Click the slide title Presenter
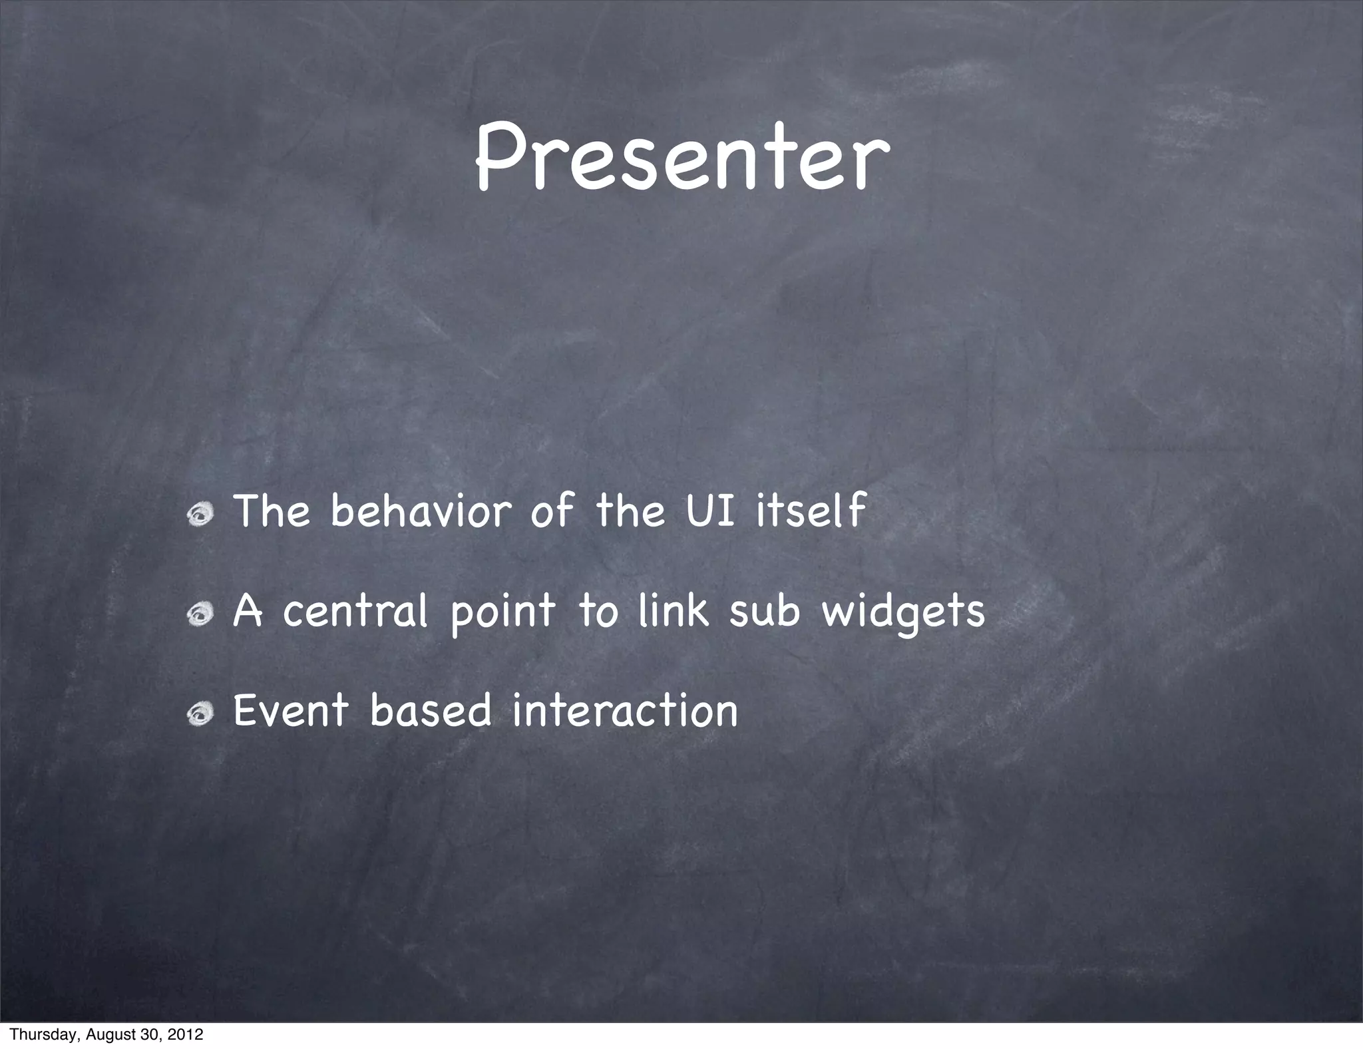tap(681, 158)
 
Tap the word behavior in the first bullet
tap(421, 511)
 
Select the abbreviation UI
tap(710, 511)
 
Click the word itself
tap(811, 511)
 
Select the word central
tap(354, 611)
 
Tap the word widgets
tap(902, 612)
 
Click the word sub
tap(763, 611)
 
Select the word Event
tap(291, 710)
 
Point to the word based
tap(431, 710)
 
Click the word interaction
tap(625, 710)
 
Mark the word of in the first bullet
tap(552, 511)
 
